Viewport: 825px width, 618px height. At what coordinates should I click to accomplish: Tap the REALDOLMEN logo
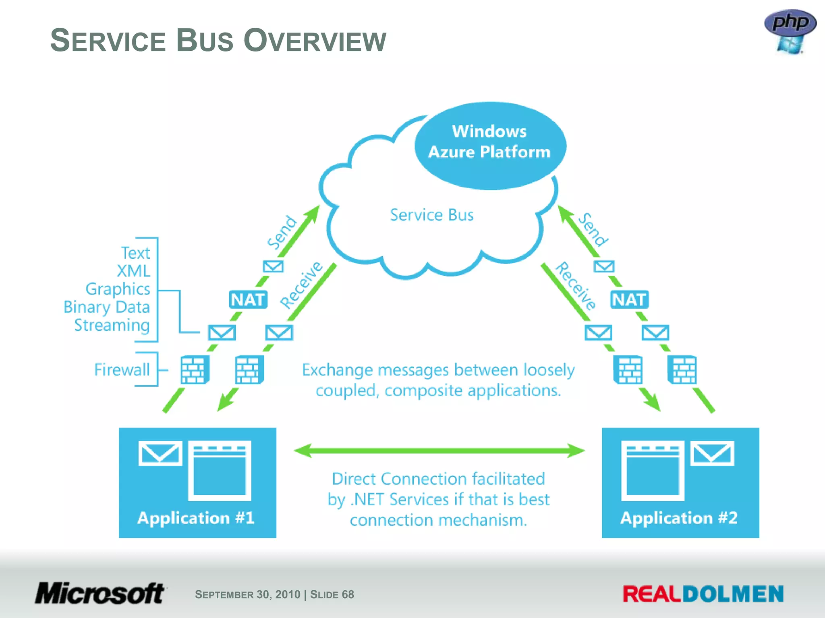[x=703, y=594]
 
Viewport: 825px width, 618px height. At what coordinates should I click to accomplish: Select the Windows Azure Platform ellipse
[x=490, y=145]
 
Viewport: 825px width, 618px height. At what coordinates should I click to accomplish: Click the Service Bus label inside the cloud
[x=431, y=215]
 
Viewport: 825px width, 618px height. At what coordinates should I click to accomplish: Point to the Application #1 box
[x=197, y=482]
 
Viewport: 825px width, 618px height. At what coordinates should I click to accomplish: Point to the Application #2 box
[x=680, y=482]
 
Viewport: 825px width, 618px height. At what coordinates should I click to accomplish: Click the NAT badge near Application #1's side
[x=248, y=300]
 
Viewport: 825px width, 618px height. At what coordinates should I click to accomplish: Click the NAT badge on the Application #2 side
[x=629, y=300]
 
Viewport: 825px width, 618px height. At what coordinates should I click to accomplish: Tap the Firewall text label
[x=122, y=369]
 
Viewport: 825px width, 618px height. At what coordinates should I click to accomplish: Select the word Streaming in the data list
[x=112, y=325]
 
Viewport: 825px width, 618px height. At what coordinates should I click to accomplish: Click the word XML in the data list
[x=133, y=271]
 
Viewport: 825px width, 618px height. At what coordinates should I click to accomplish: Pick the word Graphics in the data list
[x=118, y=289]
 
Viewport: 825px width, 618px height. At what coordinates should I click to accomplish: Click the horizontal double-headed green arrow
[x=439, y=451]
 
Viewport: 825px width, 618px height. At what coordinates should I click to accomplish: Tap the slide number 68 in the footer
[x=348, y=594]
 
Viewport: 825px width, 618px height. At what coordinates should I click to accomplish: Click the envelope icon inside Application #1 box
[x=160, y=453]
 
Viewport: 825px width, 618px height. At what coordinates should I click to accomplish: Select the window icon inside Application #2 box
[x=652, y=471]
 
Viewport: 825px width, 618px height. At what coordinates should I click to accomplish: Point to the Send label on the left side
[x=282, y=232]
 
